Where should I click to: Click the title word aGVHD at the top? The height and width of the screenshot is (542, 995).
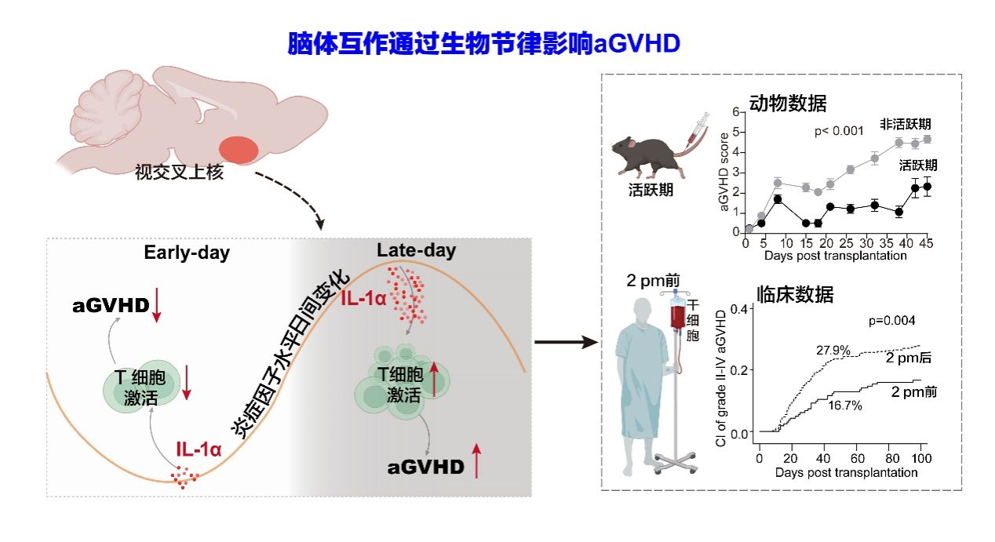tap(636, 43)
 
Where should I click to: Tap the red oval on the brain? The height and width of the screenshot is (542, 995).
tap(237, 149)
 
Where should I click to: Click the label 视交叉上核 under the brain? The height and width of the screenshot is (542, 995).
tap(179, 173)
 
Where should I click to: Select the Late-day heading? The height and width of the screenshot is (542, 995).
tap(416, 251)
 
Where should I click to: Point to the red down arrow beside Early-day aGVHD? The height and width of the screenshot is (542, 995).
tap(156, 306)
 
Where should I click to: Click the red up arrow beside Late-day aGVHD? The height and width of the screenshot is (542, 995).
tap(476, 460)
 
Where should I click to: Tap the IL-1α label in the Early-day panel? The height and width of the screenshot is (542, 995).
tap(199, 449)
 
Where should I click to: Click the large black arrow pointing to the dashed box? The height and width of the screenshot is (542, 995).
tap(563, 342)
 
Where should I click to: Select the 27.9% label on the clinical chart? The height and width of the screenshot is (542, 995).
tap(833, 351)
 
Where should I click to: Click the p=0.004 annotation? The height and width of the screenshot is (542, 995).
tap(892, 320)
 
